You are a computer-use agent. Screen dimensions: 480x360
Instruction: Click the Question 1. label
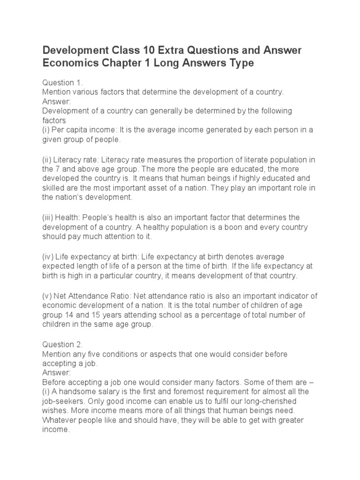[62, 82]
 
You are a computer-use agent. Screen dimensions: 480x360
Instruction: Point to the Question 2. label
[62, 345]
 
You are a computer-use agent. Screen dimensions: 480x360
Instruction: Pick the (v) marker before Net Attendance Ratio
[47, 296]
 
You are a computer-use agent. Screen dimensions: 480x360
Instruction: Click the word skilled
[52, 188]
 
